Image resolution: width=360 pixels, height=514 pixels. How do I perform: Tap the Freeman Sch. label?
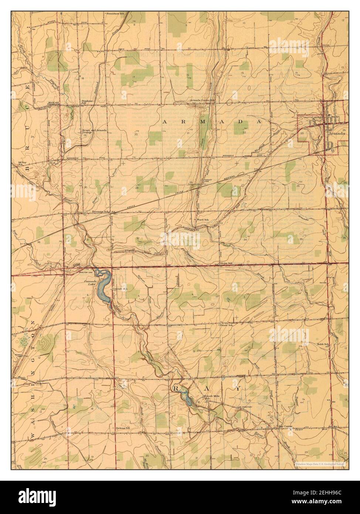(x=101, y=212)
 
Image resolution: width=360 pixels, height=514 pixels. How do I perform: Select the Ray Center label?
(x=285, y=426)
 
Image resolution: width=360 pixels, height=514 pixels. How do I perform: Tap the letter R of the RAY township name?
(x=176, y=389)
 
